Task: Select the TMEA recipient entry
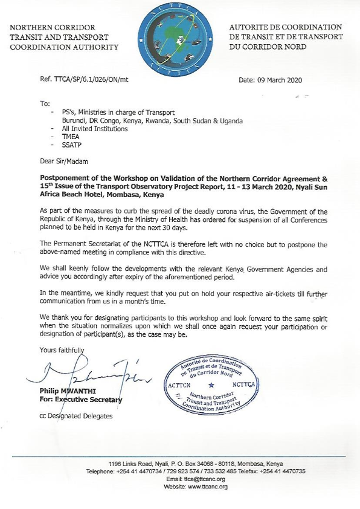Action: (63, 137)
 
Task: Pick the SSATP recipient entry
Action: (65, 146)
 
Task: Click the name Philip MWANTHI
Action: (68, 391)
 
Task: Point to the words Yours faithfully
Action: (62, 350)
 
